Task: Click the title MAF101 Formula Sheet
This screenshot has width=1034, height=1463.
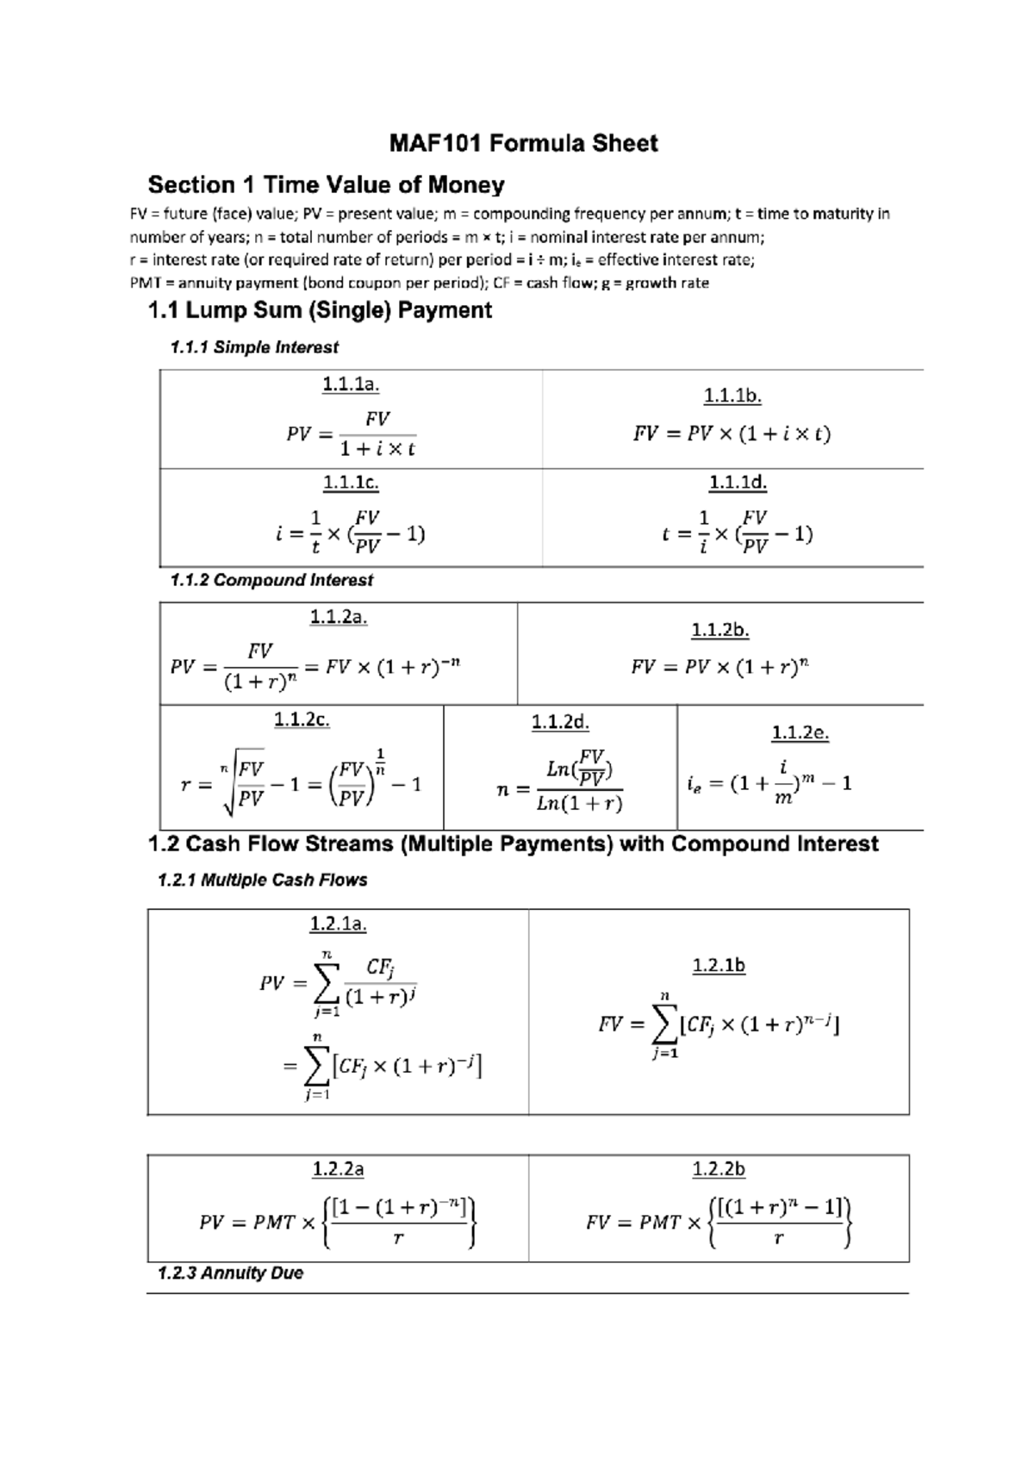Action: (x=523, y=143)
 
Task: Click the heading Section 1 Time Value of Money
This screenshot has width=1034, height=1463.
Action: (x=326, y=185)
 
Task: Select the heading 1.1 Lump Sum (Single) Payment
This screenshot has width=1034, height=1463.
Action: (x=320, y=310)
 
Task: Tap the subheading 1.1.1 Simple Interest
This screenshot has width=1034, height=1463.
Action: (x=254, y=347)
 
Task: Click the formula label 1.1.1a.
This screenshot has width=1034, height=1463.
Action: (x=351, y=384)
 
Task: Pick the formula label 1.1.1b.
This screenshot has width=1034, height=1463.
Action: (x=732, y=396)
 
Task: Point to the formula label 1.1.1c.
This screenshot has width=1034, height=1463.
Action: (x=351, y=483)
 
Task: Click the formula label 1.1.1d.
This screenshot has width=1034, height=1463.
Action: (x=738, y=483)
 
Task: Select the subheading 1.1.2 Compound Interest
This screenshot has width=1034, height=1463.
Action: (x=271, y=580)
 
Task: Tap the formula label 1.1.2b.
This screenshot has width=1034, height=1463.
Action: (x=719, y=631)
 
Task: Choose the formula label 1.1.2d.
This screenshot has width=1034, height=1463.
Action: (x=560, y=722)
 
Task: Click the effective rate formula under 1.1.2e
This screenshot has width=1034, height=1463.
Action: (x=769, y=782)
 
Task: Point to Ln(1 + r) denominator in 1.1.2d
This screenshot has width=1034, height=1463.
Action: (x=579, y=805)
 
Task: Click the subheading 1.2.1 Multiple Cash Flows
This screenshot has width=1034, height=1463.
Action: (x=263, y=880)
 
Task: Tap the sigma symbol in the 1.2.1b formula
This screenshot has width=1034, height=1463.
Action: (x=664, y=1023)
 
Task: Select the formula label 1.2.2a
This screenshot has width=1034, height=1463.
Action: (x=338, y=1169)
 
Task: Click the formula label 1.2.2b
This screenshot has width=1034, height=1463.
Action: (x=719, y=1169)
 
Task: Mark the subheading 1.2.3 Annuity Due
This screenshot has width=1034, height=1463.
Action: (x=231, y=1273)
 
